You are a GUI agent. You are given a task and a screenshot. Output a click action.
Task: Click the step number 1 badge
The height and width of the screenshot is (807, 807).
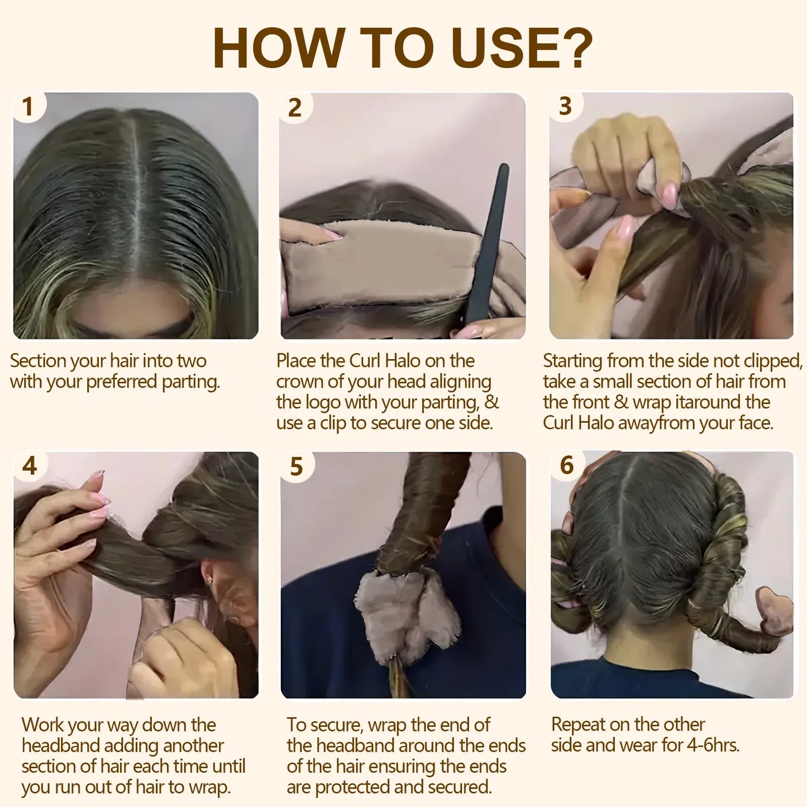click(x=27, y=107)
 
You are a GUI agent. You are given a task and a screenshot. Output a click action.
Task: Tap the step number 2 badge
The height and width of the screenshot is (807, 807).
click(x=295, y=108)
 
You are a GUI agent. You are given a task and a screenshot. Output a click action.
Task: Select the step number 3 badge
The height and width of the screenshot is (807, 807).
click(x=565, y=106)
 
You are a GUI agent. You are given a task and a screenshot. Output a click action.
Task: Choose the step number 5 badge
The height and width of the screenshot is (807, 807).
click(x=297, y=467)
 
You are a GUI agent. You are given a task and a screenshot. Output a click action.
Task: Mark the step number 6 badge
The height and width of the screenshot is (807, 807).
click(x=567, y=465)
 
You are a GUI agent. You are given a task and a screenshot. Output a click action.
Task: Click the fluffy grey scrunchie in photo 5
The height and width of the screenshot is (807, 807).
click(x=407, y=614)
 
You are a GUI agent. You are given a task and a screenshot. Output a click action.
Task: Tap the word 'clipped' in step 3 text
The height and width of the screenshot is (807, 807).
click(x=773, y=361)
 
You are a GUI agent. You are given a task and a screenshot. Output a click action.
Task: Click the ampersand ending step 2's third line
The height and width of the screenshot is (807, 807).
click(x=491, y=402)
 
